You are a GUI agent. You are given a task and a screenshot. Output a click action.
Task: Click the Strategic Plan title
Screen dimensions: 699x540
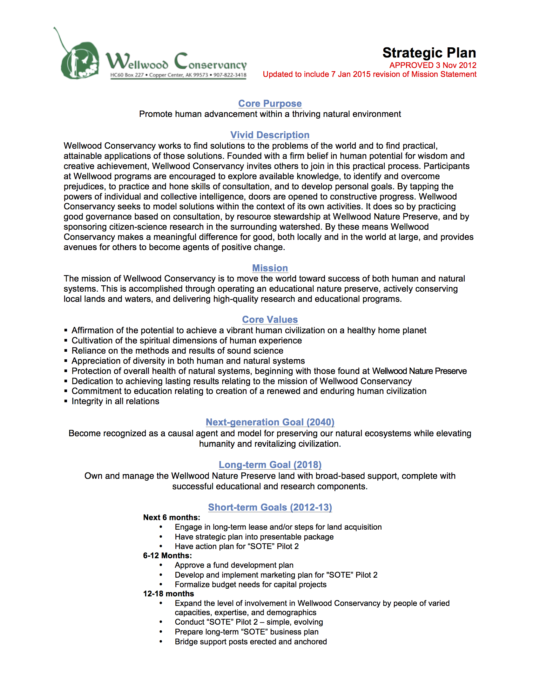429,53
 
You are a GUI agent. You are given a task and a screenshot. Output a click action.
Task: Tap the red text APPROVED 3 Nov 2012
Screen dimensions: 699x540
433,65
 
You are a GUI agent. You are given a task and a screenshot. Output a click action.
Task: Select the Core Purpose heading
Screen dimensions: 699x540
270,103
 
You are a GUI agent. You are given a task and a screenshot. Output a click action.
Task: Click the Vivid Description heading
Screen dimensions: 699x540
270,135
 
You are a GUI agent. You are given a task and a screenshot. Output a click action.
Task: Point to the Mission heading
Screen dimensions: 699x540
270,268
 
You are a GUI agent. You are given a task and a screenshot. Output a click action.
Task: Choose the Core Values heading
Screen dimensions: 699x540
270,319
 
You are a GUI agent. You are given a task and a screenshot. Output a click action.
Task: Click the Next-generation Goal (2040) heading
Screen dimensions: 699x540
270,422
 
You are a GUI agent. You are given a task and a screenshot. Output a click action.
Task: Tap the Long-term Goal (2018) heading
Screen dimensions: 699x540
270,465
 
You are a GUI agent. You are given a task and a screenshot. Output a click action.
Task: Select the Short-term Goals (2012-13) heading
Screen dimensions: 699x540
270,507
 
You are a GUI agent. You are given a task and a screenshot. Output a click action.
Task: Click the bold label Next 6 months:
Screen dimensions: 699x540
172,518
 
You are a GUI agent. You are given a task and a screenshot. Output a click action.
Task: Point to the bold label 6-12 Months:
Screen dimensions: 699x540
167,556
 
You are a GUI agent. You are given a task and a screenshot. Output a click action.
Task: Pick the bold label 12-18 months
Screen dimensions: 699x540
168,594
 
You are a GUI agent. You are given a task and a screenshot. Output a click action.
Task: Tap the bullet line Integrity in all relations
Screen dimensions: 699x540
115,401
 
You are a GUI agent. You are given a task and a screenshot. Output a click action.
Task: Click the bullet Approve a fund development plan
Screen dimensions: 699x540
234,565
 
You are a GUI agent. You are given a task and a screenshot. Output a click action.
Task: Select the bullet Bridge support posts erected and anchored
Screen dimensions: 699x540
251,642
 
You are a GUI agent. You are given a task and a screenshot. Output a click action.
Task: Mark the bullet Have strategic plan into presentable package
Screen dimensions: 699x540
254,537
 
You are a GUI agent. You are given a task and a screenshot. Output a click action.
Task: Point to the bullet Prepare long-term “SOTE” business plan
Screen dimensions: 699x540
246,632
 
